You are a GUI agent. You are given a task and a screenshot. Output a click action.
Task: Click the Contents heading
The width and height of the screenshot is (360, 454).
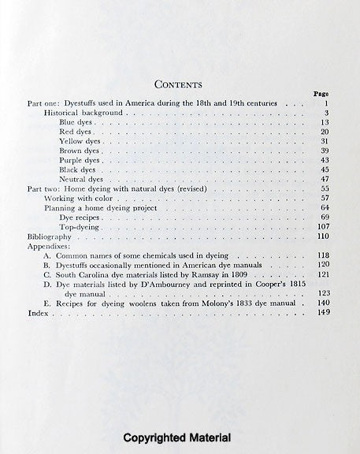point(180,84)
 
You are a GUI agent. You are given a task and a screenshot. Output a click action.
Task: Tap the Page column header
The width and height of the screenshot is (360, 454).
point(321,94)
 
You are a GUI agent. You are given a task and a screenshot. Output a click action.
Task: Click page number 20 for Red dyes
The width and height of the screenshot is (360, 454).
point(323,132)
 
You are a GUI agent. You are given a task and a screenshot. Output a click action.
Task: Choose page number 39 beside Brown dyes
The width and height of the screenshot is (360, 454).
point(323,151)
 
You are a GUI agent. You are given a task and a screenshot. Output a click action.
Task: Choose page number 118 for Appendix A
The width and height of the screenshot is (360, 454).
point(321,256)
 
